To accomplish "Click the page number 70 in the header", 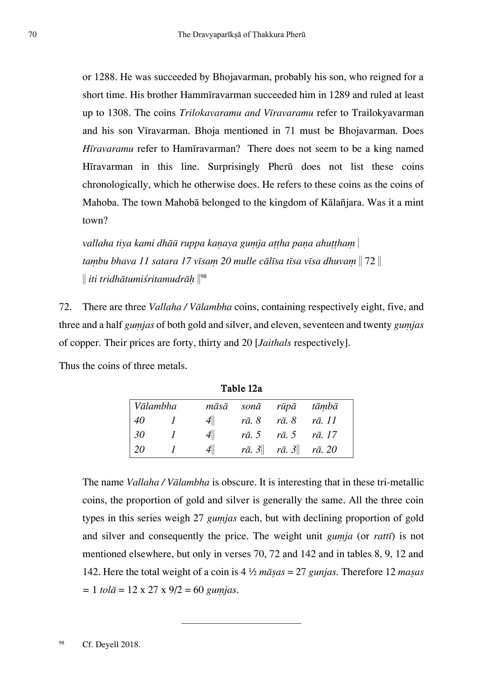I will coord(33,35).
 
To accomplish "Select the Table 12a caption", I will coord(241,389).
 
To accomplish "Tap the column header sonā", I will coord(251,406).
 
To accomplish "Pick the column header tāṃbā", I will coord(325,406).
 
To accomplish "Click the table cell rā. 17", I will coord(324,435).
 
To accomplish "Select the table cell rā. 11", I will coord(324,420).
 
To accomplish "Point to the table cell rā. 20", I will coord(324,450).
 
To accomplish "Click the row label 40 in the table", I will coord(139,420).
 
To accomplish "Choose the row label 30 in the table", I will coord(139,435).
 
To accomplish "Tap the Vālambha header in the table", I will coord(155,406).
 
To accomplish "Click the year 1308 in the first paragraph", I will coord(118,113).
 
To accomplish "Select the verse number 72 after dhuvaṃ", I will coord(370,261).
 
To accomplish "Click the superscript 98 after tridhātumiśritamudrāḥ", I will coord(203,276).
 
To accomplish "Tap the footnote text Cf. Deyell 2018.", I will coord(111,645).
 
